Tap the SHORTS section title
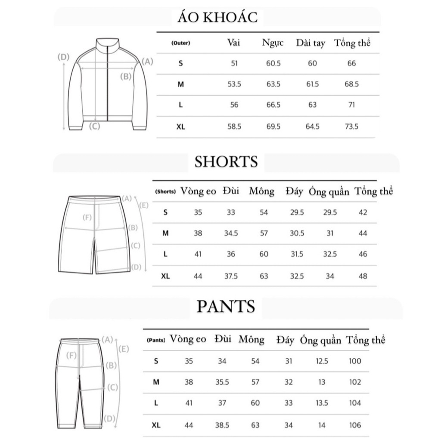tap(226, 161)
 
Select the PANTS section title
tap(226, 306)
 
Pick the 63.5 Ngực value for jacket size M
tap(273, 84)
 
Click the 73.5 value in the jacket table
tap(351, 127)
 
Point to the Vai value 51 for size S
tap(234, 63)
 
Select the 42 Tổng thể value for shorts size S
tap(363, 212)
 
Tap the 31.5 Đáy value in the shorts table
tap(297, 255)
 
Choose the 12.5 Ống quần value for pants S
tap(322, 361)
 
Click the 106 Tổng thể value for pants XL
tap(355, 425)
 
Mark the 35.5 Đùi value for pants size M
tap(222, 382)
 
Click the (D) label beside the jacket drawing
tap(64, 57)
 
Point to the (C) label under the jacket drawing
tap(94, 126)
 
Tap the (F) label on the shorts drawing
tap(87, 217)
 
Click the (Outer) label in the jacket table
tap(180, 43)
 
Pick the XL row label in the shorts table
tap(165, 276)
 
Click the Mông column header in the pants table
tap(252, 340)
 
